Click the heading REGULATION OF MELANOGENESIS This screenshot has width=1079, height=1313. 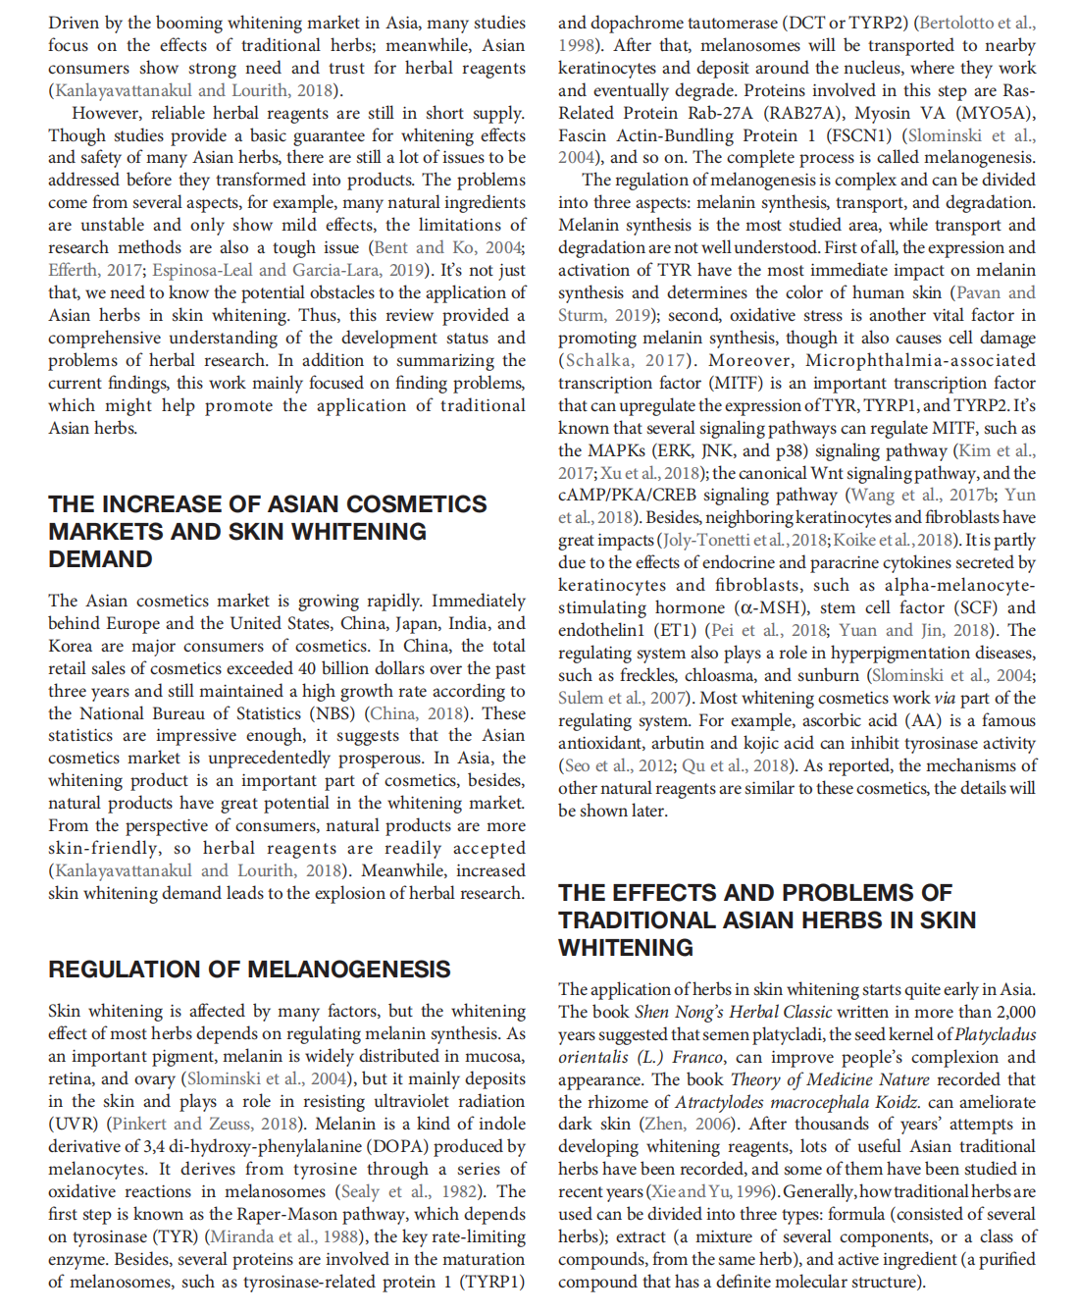tap(249, 970)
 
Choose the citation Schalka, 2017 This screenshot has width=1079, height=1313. tap(624, 360)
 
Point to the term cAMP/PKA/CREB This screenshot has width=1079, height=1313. tap(627, 496)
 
